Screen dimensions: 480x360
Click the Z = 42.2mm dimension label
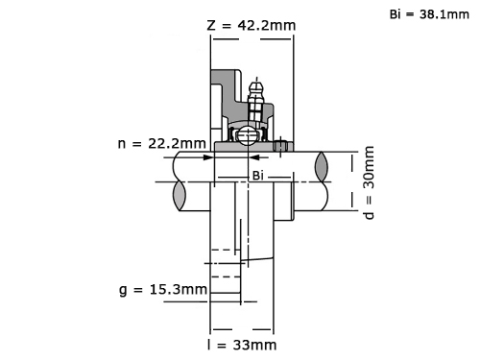point(252,25)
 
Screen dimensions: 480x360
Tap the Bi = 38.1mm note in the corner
point(429,14)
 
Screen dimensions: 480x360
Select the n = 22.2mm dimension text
point(161,143)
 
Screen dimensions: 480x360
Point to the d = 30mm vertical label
point(369,182)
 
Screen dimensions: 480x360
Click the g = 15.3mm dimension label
point(163,290)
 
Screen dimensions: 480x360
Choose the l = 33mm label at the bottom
point(242,345)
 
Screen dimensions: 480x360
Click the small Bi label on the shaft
point(258,176)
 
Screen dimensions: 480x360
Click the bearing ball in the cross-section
point(248,135)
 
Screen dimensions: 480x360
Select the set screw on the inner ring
point(280,146)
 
